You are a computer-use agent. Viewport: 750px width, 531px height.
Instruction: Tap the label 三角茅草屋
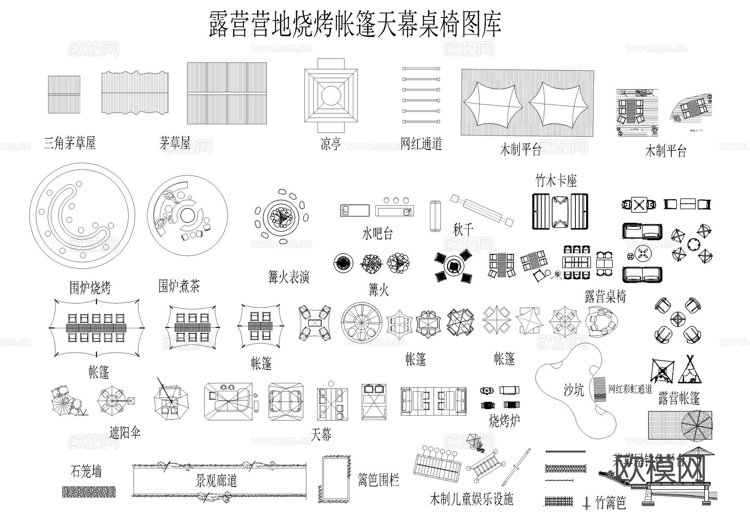pos(70,143)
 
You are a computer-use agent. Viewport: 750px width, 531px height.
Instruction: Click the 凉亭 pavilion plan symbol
pos(331,95)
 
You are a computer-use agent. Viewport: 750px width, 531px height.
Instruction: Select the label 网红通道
pos(421,144)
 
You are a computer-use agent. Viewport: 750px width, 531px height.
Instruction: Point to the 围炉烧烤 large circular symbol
pos(82,216)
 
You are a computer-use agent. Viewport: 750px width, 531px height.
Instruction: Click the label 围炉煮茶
pos(179,286)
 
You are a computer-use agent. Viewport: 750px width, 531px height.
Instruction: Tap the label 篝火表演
pos(288,277)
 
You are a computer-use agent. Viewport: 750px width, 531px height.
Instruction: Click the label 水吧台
pos(377,234)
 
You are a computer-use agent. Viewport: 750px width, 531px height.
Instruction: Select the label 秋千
pos(463,229)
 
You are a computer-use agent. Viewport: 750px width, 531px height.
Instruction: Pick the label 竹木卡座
pos(556,181)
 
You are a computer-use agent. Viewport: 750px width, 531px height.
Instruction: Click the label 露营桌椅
pos(605,297)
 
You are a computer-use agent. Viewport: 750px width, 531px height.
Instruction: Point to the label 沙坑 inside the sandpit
pos(573,390)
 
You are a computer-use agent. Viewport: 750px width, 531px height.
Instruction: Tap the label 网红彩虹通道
pos(630,389)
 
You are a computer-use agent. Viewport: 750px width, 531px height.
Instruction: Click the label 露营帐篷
pos(679,398)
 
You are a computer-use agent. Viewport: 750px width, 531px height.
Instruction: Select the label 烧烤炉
pos(504,420)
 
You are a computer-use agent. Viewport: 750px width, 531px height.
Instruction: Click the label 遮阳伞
pos(125,433)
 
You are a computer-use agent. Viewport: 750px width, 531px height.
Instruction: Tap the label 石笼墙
pos(86,472)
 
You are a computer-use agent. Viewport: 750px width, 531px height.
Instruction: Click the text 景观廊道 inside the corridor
pos(216,481)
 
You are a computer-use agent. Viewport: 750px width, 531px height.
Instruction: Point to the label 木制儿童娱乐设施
pos(471,499)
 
